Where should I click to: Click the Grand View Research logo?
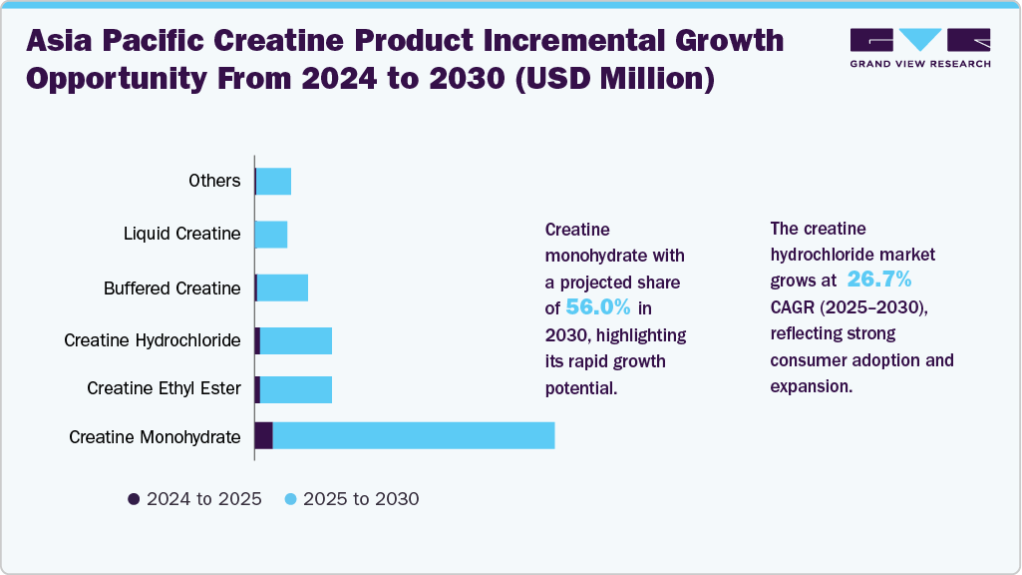(920, 47)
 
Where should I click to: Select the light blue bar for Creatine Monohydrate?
(413, 435)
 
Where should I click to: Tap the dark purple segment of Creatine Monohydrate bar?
(263, 435)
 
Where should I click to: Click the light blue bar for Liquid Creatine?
(271, 235)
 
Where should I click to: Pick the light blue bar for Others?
(274, 181)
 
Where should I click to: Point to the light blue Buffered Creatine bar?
(283, 287)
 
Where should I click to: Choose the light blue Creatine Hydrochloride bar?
(296, 340)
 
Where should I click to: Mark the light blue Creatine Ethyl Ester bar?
(296, 387)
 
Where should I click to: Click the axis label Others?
(214, 181)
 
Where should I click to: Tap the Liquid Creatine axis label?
(181, 234)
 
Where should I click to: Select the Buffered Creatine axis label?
(171, 288)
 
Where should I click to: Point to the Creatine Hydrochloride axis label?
(152, 340)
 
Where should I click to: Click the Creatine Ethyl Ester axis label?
(164, 387)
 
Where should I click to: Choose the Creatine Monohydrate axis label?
(155, 436)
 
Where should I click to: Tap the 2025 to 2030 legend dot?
(291, 499)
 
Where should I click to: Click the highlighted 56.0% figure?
(598, 306)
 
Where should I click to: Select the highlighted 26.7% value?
(878, 280)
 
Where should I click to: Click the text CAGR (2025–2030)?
(849, 307)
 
